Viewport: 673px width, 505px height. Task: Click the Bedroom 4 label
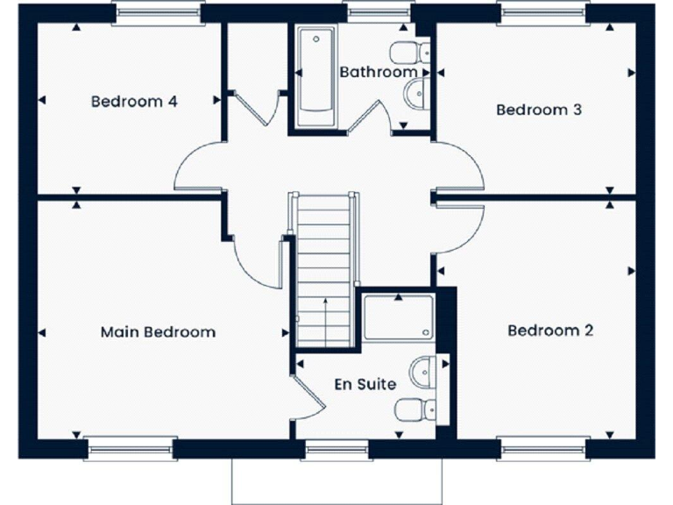(x=134, y=102)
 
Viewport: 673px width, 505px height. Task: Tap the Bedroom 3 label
(x=539, y=110)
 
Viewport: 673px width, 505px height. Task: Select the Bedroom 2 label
(x=550, y=331)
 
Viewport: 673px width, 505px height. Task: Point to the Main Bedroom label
(x=158, y=332)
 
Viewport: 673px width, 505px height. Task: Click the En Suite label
(x=365, y=384)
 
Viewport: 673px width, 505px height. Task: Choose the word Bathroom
(x=379, y=72)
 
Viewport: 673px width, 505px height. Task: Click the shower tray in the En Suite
(x=399, y=317)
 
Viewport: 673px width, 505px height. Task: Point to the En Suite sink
(x=423, y=370)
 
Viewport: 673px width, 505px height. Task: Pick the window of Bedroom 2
(x=543, y=449)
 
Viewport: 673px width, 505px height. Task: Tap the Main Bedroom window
(x=131, y=449)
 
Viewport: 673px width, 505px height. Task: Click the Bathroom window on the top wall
(x=379, y=11)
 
